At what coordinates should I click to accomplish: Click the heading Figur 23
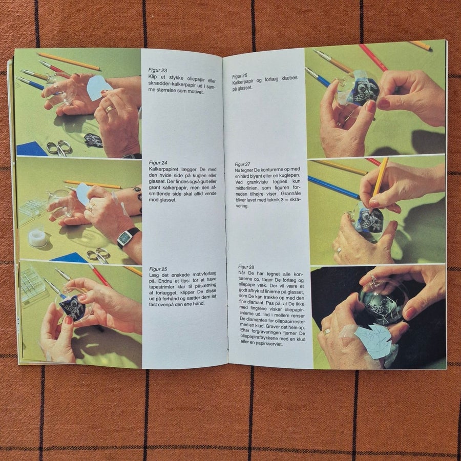pyautogui.click(x=158, y=70)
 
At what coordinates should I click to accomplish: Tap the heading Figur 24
pyautogui.click(x=158, y=163)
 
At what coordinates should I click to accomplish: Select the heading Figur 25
pyautogui.click(x=158, y=269)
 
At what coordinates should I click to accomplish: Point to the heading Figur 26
pyautogui.click(x=239, y=76)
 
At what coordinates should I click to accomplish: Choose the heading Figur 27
pyautogui.click(x=242, y=164)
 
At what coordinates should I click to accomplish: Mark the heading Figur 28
pyautogui.click(x=246, y=267)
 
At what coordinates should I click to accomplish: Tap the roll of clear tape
pyautogui.click(x=37, y=238)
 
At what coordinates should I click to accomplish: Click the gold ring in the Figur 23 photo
pyautogui.click(x=110, y=109)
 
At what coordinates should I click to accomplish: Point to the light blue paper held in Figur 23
pyautogui.click(x=99, y=87)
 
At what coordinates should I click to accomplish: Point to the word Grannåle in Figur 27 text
pyautogui.click(x=290, y=194)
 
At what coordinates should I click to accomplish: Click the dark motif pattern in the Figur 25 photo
pyautogui.click(x=72, y=306)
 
